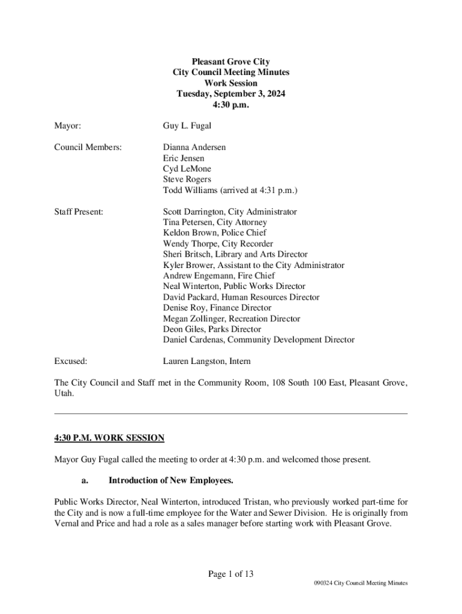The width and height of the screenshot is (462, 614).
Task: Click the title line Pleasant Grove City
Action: [x=230, y=62]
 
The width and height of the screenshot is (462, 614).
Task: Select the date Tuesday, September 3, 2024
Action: [x=230, y=94]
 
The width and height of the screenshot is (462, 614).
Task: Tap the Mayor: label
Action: [x=68, y=126]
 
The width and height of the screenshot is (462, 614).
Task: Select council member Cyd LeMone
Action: [x=187, y=169]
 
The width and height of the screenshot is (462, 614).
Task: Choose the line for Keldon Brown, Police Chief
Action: [x=215, y=233]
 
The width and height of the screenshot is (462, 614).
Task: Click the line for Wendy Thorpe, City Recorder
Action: [x=218, y=244]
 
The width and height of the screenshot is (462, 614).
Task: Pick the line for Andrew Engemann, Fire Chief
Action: [x=219, y=276]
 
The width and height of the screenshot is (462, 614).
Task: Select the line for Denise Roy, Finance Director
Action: [x=217, y=308]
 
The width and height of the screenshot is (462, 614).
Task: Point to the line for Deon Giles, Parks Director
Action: [x=212, y=329]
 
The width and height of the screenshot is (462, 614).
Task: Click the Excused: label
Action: [x=71, y=362]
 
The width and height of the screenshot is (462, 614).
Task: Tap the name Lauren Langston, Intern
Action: [x=207, y=362]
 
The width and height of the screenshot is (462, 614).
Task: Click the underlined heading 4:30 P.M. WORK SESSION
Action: [x=109, y=438]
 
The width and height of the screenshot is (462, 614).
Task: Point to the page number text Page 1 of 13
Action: [x=231, y=574]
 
